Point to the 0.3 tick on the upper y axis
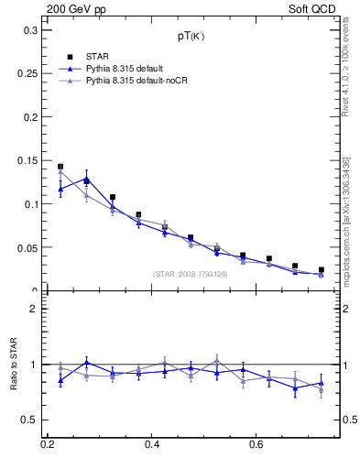coord(30,30)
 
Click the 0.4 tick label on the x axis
coord(152,445)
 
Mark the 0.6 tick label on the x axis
coord(256,445)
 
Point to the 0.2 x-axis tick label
coord(48,445)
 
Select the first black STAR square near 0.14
coord(60,167)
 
